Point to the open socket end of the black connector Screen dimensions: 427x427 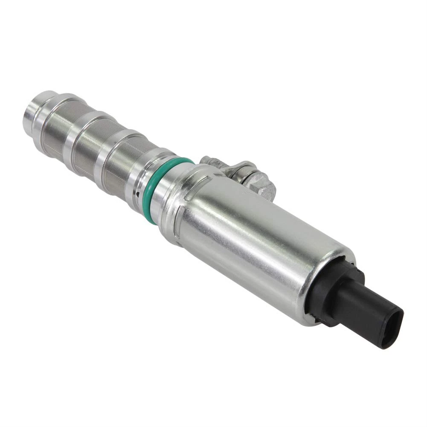point(392,329)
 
